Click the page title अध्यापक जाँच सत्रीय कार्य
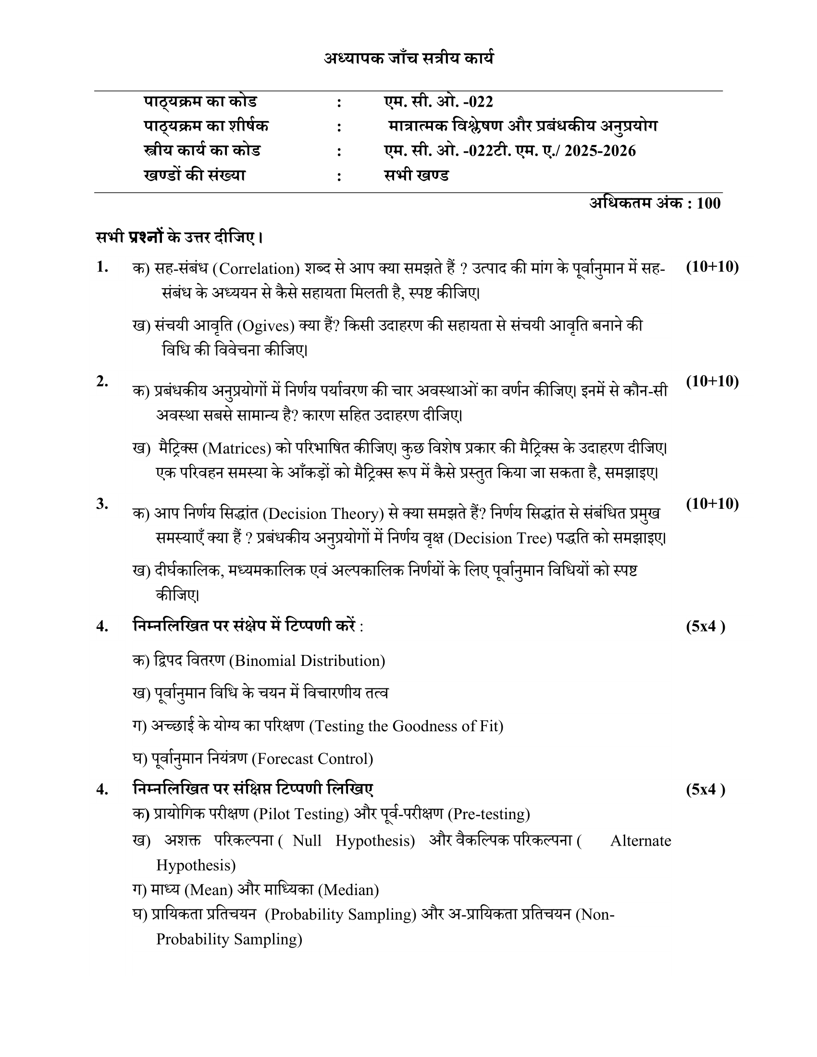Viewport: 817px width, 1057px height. (409, 59)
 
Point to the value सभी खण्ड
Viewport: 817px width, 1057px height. (416, 175)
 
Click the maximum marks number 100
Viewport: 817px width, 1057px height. (708, 203)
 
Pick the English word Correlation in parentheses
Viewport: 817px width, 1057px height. (257, 269)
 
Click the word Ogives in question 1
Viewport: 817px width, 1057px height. (266, 326)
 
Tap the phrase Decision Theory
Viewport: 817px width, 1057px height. (323, 514)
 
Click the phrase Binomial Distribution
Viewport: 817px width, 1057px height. (307, 661)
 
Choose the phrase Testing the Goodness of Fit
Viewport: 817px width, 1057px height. (406, 726)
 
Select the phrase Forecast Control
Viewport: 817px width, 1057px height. (312, 759)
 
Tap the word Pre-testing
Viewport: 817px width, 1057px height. (488, 814)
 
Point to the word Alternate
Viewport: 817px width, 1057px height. (640, 841)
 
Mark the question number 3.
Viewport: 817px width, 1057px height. (102, 504)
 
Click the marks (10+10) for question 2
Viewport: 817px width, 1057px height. (712, 381)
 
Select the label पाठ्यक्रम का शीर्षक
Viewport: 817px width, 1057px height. (206, 126)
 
